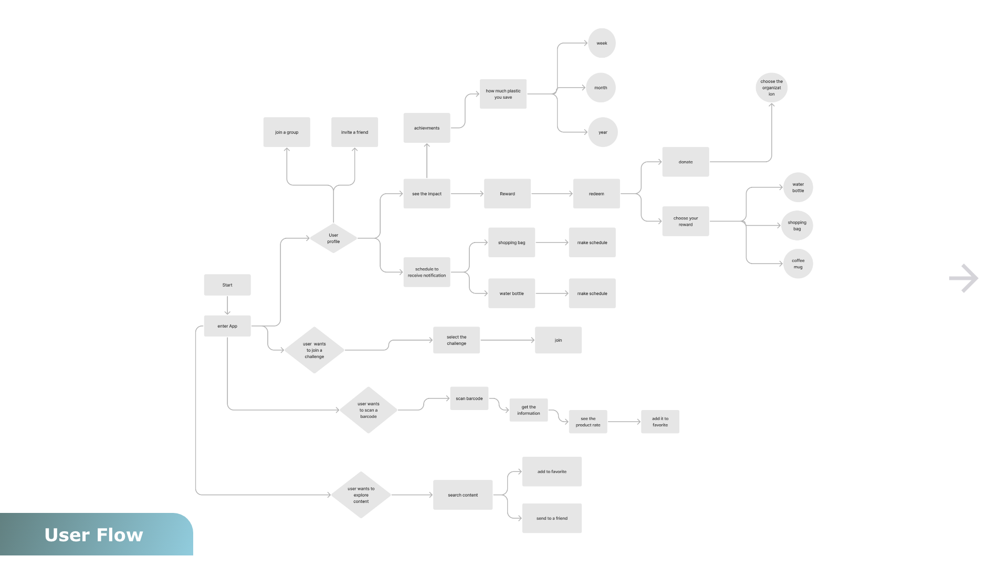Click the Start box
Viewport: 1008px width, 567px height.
click(227, 285)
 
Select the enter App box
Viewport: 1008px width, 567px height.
click(227, 326)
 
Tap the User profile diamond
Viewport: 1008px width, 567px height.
click(333, 238)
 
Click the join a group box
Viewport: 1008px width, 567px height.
click(287, 132)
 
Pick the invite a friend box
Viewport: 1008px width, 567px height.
click(354, 132)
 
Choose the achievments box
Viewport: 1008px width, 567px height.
click(427, 128)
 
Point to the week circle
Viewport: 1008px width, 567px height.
click(602, 43)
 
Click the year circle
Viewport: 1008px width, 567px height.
click(603, 132)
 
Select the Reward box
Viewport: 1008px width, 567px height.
click(507, 194)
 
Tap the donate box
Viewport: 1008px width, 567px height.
click(686, 162)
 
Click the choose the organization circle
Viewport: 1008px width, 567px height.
click(772, 88)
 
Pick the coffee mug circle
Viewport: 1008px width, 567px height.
click(798, 264)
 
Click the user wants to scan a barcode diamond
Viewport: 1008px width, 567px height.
click(369, 410)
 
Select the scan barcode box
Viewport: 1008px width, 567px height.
click(469, 398)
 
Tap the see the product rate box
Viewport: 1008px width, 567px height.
click(588, 422)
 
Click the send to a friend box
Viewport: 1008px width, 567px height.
click(552, 518)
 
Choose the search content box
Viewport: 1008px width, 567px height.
click(463, 495)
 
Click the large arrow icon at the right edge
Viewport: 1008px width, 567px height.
click(964, 278)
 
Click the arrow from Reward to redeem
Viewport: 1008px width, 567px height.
click(552, 194)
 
